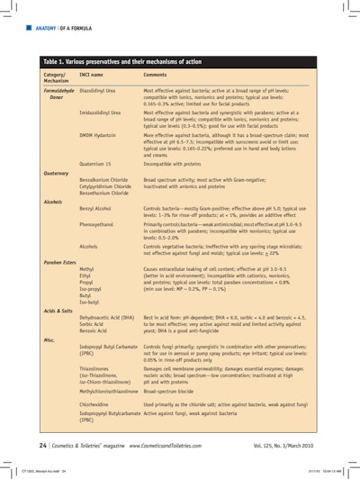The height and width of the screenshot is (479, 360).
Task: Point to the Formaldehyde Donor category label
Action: [58, 95]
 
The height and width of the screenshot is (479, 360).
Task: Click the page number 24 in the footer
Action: [43, 445]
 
